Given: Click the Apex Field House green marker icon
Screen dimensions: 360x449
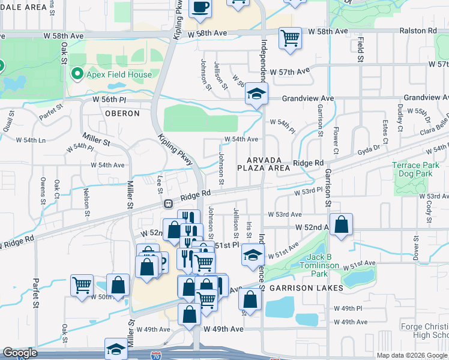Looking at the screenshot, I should point(77,74).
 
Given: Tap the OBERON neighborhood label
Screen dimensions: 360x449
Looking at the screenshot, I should point(122,113).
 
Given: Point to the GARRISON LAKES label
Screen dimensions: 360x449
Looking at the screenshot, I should point(306,288).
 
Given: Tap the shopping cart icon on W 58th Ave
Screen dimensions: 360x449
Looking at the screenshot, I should point(291,38).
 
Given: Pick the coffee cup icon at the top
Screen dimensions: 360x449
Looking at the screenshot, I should point(200,7).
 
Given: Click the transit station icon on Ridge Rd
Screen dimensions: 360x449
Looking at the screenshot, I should point(170,204).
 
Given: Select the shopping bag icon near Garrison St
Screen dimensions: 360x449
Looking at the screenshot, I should point(341,226).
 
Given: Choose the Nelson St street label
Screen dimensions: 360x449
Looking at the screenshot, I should point(87,202).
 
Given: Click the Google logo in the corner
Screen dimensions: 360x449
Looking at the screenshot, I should point(20,353).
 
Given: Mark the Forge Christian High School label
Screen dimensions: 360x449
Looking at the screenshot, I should point(424,331).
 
